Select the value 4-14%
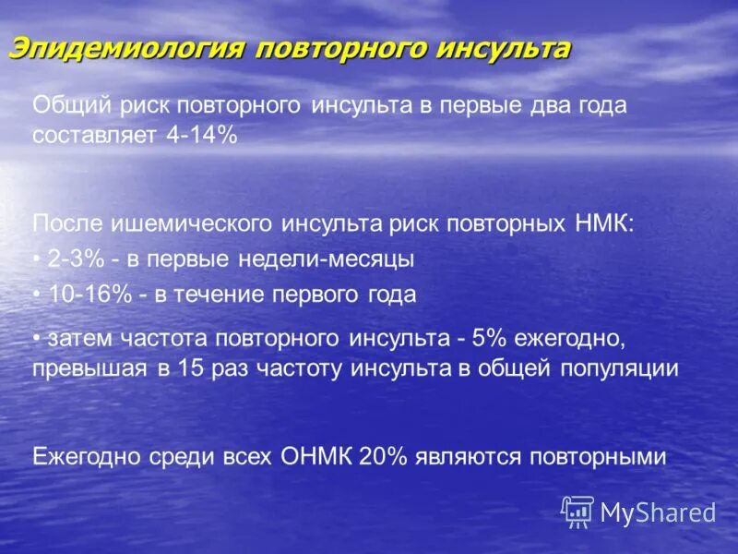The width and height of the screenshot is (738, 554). coord(202,136)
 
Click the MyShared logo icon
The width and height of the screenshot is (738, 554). coord(577,511)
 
